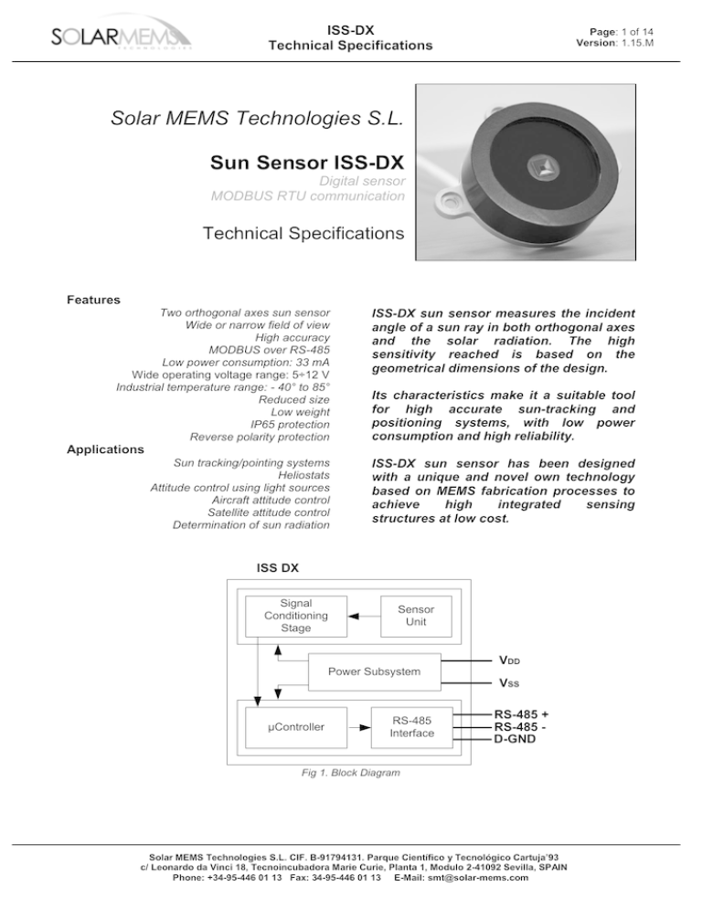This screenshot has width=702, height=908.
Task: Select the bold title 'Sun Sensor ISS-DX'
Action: click(x=307, y=164)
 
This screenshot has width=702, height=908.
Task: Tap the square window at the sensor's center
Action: click(x=541, y=167)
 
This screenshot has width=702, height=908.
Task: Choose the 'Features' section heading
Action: click(x=94, y=300)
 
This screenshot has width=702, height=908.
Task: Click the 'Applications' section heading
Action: click(x=105, y=449)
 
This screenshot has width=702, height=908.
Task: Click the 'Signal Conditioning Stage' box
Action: click(x=296, y=616)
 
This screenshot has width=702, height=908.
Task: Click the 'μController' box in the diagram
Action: click(x=296, y=727)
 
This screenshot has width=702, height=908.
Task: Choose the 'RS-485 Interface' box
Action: click(x=411, y=727)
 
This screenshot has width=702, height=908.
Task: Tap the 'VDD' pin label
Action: click(x=509, y=660)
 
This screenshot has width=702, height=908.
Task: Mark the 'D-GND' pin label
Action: click(x=514, y=739)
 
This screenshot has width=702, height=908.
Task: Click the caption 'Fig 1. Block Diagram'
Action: click(x=350, y=773)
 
